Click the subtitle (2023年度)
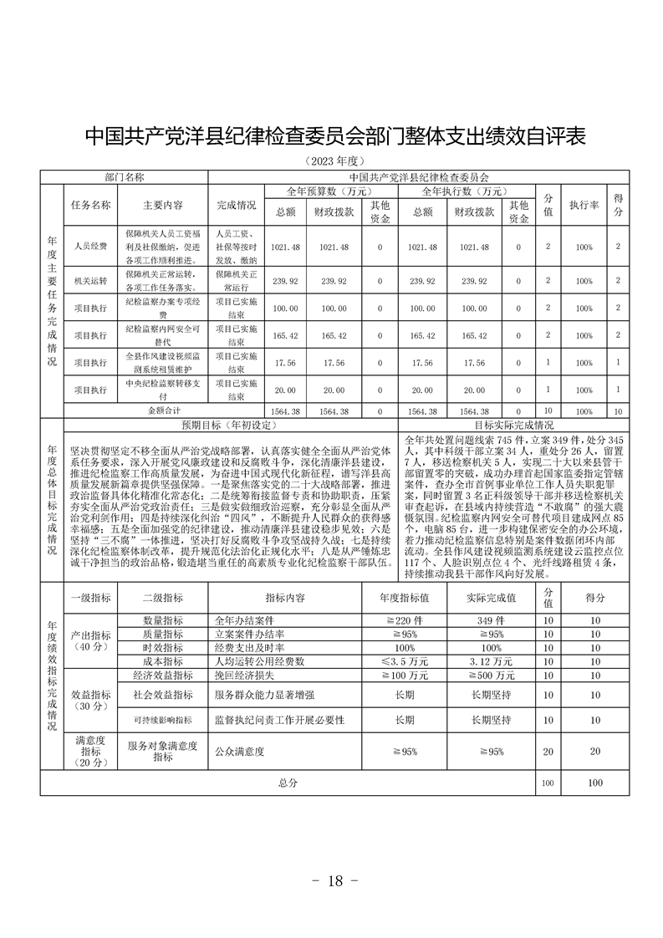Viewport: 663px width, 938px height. point(333,161)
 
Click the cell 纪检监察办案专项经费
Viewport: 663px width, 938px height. point(163,308)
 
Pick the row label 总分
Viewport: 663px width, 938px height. point(288,783)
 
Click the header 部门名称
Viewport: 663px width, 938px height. point(125,177)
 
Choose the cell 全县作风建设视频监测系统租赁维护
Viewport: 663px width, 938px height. point(163,363)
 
